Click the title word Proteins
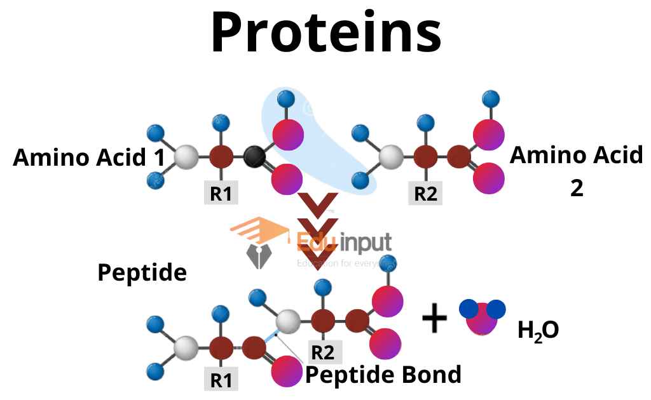(325, 33)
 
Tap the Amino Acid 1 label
(88, 157)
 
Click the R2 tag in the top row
(425, 194)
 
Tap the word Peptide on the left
(142, 272)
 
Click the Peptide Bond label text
(383, 375)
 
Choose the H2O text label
(538, 330)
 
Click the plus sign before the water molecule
(435, 318)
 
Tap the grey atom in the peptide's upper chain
(288, 322)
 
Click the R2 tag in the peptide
(322, 351)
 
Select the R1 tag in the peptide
(221, 380)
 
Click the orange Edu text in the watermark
(312, 241)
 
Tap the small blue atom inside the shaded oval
(286, 99)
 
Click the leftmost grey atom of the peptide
(186, 348)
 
